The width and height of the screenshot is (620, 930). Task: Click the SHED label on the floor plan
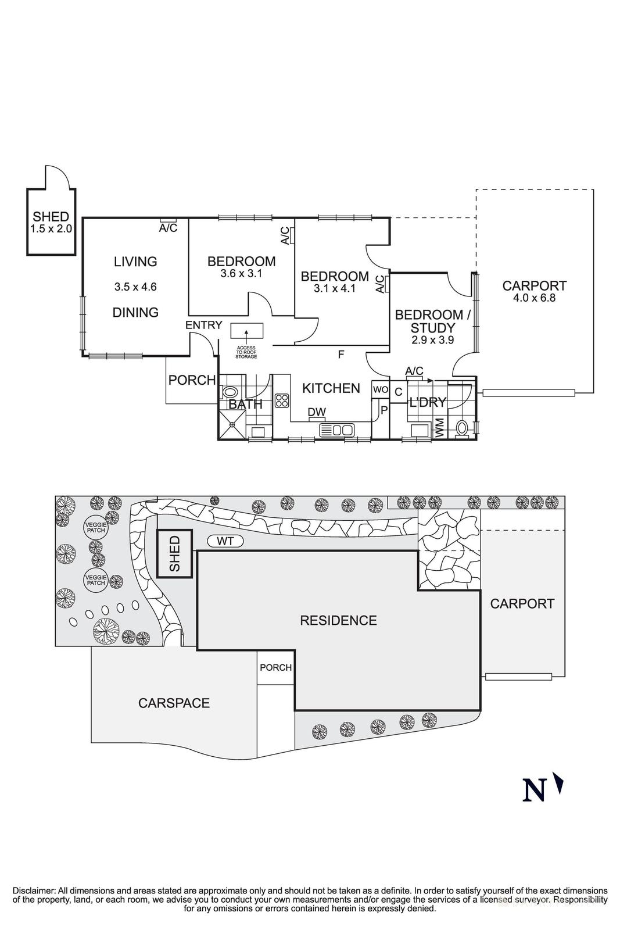tap(51, 217)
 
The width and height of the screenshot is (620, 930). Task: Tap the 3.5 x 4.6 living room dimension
tap(135, 287)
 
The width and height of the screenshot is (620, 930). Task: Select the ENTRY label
tap(203, 325)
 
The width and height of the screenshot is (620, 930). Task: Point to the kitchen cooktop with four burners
tap(282, 400)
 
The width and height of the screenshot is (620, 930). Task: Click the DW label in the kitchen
tap(317, 412)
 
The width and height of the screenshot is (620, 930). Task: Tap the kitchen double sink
tap(337, 430)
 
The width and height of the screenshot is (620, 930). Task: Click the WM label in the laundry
tap(440, 428)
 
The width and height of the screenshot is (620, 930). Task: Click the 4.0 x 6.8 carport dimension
tap(534, 298)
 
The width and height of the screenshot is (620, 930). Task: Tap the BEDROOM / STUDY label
tap(433, 321)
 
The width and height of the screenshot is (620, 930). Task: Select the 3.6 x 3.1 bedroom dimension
tap(241, 273)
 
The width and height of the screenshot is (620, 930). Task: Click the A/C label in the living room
tap(168, 228)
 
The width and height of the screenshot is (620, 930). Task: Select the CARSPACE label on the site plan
tap(174, 703)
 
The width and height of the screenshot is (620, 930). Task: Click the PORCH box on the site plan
tap(275, 667)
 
